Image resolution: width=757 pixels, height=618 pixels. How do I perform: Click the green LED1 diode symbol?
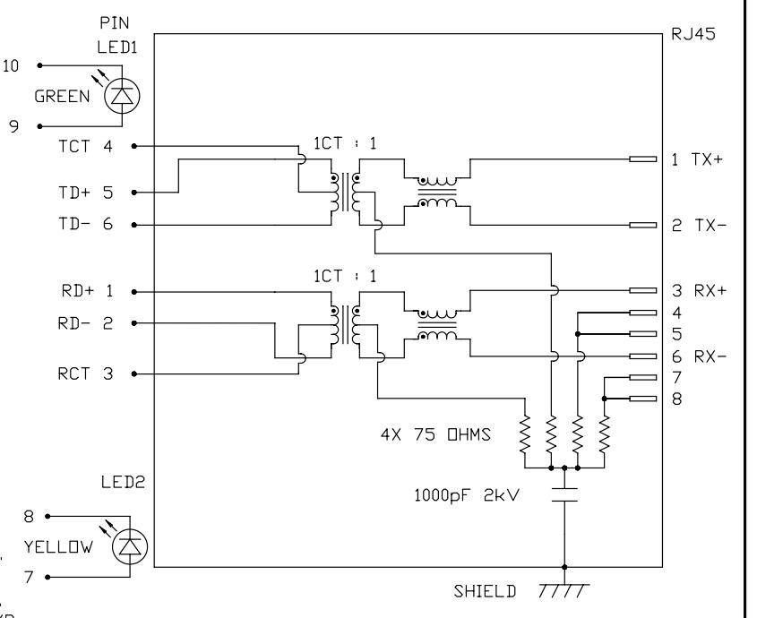pyautogui.click(x=122, y=96)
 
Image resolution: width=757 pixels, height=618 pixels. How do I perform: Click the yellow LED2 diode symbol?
pyautogui.click(x=130, y=546)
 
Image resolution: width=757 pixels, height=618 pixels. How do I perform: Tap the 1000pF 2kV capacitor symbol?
pyautogui.click(x=564, y=494)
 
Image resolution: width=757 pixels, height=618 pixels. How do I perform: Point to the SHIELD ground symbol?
pyautogui.click(x=564, y=590)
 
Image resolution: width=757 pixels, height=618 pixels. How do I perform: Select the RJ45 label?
pyautogui.click(x=693, y=34)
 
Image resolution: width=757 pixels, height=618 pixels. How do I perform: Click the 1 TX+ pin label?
pyautogui.click(x=698, y=159)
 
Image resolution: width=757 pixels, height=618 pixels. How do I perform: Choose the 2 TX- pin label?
pyautogui.click(x=699, y=225)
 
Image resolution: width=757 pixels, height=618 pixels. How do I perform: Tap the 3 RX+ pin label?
pyautogui.click(x=699, y=291)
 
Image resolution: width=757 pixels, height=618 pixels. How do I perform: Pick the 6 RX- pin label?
pyautogui.click(x=699, y=356)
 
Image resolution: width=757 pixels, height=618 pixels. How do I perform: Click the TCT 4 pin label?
pyautogui.click(x=85, y=146)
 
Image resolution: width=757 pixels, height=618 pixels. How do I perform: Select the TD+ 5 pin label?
pyautogui.click(x=85, y=193)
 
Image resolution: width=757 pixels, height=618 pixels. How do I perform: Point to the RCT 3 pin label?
pyautogui.click(x=85, y=373)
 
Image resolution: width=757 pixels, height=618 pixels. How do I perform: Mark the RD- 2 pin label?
pyautogui.click(x=85, y=323)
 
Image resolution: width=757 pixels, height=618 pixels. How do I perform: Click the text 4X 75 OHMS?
pyautogui.click(x=435, y=434)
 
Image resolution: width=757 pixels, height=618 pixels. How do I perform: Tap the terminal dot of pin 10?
pyautogui.click(x=40, y=65)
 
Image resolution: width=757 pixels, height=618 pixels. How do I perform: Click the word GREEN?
pyautogui.click(x=63, y=97)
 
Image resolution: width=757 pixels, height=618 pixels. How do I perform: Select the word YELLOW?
pyautogui.click(x=58, y=547)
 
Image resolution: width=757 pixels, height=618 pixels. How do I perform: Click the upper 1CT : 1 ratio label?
pyautogui.click(x=345, y=143)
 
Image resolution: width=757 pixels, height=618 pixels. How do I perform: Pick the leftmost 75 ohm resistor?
pyautogui.click(x=525, y=434)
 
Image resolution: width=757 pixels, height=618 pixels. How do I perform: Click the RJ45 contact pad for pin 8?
pyautogui.click(x=643, y=399)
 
